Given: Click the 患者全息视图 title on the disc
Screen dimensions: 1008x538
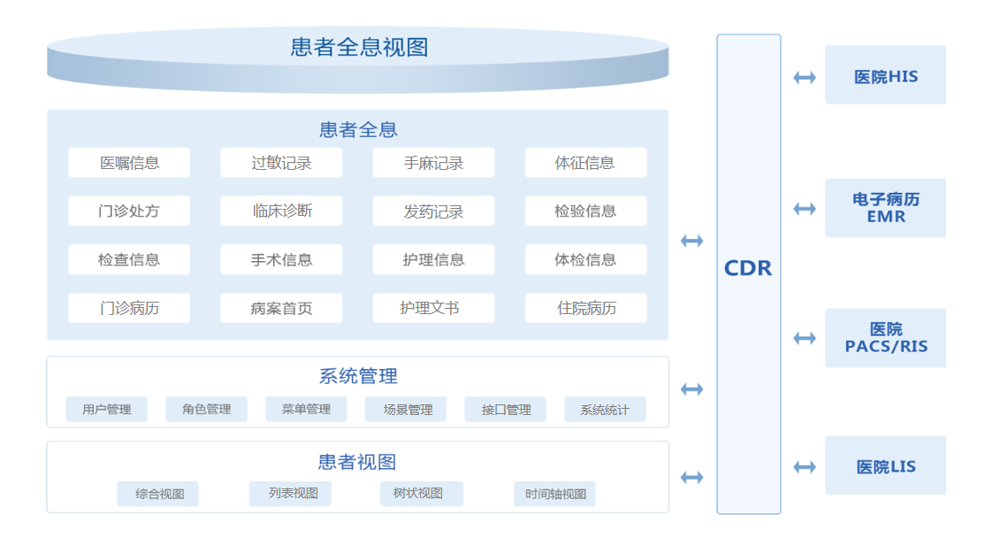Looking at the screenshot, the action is (x=359, y=47).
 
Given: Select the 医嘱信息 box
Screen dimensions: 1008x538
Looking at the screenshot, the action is (x=129, y=163).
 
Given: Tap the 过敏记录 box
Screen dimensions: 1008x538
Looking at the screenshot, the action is (x=281, y=163).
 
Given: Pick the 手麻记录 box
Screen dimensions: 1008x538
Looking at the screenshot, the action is (x=433, y=163).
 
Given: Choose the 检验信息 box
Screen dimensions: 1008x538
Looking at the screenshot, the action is (x=585, y=211).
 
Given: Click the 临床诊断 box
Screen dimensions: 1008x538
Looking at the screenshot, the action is (x=281, y=211).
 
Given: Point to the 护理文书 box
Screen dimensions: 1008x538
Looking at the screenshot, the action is (x=433, y=308).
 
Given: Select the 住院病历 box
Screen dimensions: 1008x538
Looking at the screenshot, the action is (x=585, y=308).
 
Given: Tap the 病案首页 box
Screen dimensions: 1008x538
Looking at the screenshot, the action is (x=281, y=308).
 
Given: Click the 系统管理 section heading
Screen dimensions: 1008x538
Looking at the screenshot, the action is (x=358, y=376).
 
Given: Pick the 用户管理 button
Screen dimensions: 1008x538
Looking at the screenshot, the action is (x=107, y=410).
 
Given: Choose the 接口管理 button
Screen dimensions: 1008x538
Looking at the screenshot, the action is (x=505, y=410).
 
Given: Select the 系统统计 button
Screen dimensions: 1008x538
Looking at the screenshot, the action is (x=605, y=410).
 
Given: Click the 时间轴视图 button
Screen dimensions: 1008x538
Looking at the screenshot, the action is (x=554, y=495).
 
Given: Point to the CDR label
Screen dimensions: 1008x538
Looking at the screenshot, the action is (x=748, y=268).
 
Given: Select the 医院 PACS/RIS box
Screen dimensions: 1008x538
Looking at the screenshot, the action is (x=885, y=338).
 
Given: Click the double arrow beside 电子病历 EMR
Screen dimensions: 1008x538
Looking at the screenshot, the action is (x=805, y=209).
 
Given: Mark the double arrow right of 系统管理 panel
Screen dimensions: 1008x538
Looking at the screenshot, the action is (x=691, y=389).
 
